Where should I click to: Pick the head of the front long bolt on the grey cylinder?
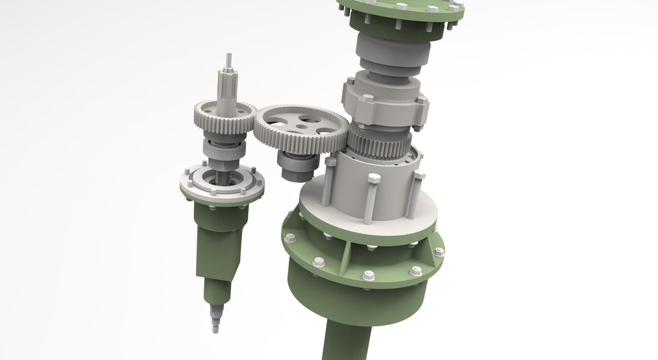[374, 179]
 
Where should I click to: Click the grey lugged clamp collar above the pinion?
[384, 103]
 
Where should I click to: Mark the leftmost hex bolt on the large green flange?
[290, 238]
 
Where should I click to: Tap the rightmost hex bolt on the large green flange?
[439, 252]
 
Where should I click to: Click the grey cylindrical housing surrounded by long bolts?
[384, 189]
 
